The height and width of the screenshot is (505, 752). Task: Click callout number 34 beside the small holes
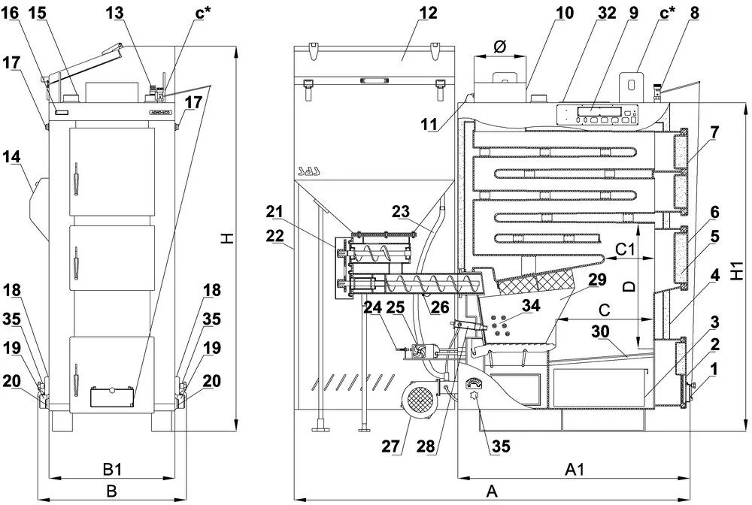pyautogui.click(x=531, y=306)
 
